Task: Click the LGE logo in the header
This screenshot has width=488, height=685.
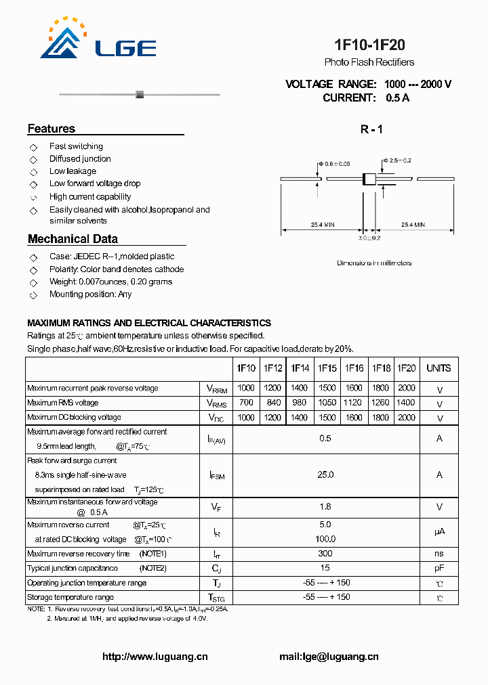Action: [x=98, y=41]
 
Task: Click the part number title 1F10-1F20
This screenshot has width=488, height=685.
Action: [x=369, y=45]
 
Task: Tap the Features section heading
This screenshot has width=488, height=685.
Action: [x=52, y=129]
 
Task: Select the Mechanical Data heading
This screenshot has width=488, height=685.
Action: [x=73, y=239]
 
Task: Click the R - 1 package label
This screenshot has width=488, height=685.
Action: [x=371, y=129]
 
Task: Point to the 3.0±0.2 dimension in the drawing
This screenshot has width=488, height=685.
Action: [x=369, y=238]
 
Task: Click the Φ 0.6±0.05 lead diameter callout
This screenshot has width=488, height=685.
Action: [x=333, y=164]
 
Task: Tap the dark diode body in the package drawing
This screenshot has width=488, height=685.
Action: [x=369, y=179]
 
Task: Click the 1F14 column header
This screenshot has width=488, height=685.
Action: [x=300, y=368]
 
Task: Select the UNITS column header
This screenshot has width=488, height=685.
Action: [x=439, y=368]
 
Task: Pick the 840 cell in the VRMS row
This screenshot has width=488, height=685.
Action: [x=272, y=403]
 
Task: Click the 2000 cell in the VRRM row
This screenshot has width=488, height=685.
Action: [x=405, y=389]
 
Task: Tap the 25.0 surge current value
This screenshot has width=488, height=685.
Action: [x=325, y=475]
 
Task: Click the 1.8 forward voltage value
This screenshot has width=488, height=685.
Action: [x=325, y=506]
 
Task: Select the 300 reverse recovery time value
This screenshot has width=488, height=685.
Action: [x=325, y=554]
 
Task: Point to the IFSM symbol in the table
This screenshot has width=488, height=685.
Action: [x=216, y=475]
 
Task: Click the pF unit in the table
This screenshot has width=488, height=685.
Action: [x=439, y=569]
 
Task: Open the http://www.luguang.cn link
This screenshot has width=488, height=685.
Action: [x=155, y=657]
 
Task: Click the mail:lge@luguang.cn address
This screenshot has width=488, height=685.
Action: [x=329, y=657]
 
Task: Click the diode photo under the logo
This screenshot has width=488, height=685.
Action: [x=140, y=94]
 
